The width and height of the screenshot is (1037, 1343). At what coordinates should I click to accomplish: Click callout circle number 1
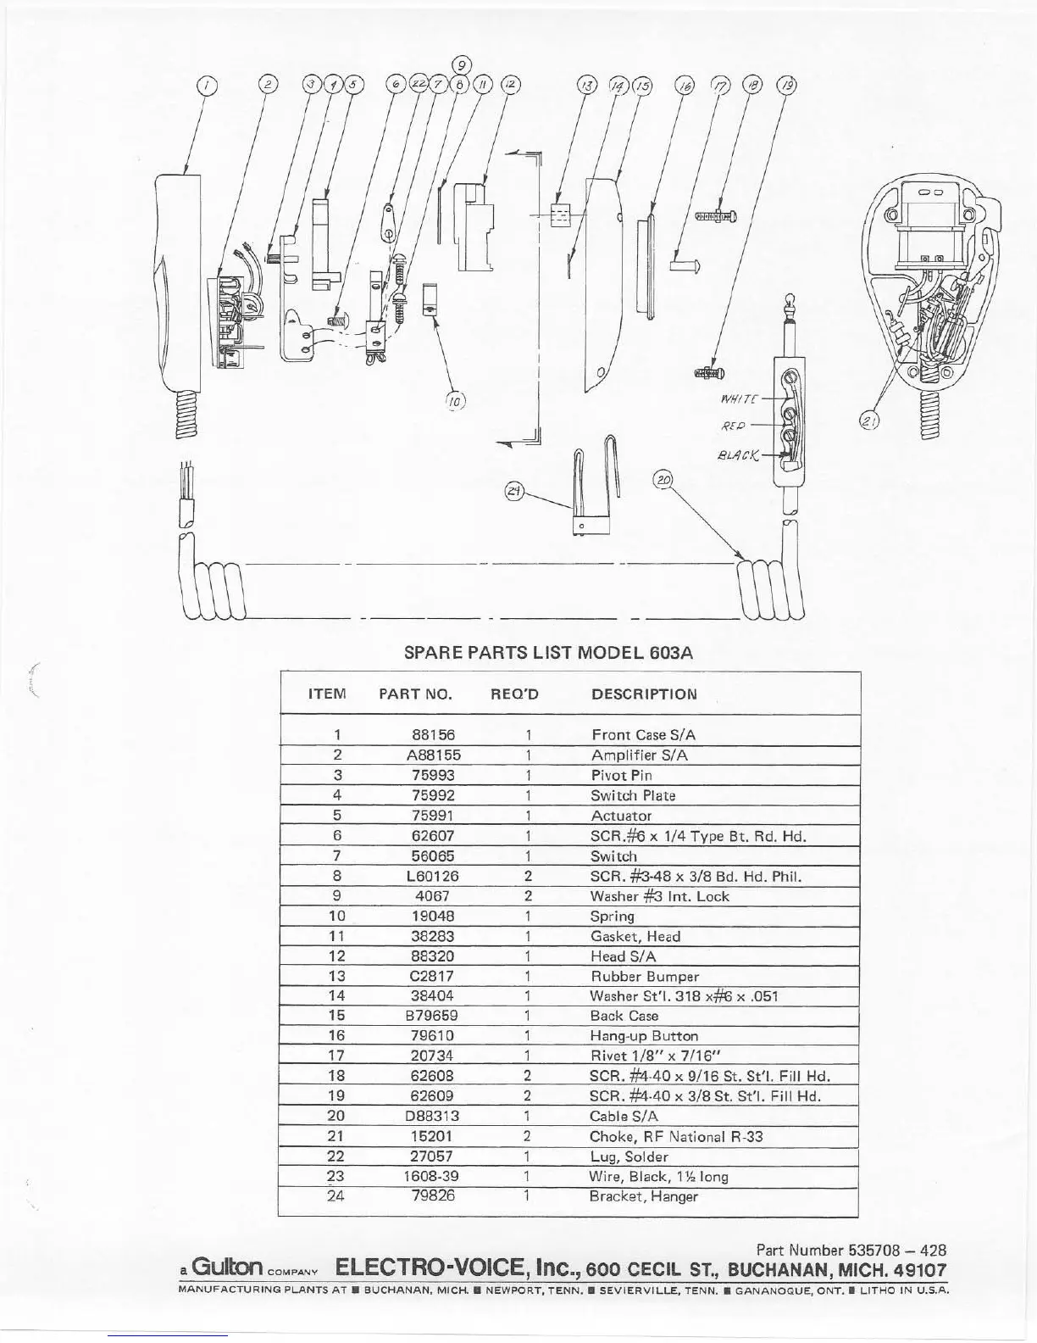(x=207, y=85)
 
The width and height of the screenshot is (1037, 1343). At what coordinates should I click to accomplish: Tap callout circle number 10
(x=455, y=400)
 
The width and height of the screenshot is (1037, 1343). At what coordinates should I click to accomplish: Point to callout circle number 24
(x=515, y=490)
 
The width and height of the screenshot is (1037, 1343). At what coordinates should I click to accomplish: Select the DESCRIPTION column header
(x=644, y=694)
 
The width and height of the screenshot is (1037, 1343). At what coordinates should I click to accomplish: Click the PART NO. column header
(x=415, y=694)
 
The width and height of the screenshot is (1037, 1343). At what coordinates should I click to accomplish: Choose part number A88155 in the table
(x=433, y=755)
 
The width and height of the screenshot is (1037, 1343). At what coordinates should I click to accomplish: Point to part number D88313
(x=433, y=1116)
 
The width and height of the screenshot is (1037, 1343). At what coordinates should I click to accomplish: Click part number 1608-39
(x=433, y=1176)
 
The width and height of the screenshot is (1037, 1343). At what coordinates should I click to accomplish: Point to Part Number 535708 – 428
(x=850, y=1250)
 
